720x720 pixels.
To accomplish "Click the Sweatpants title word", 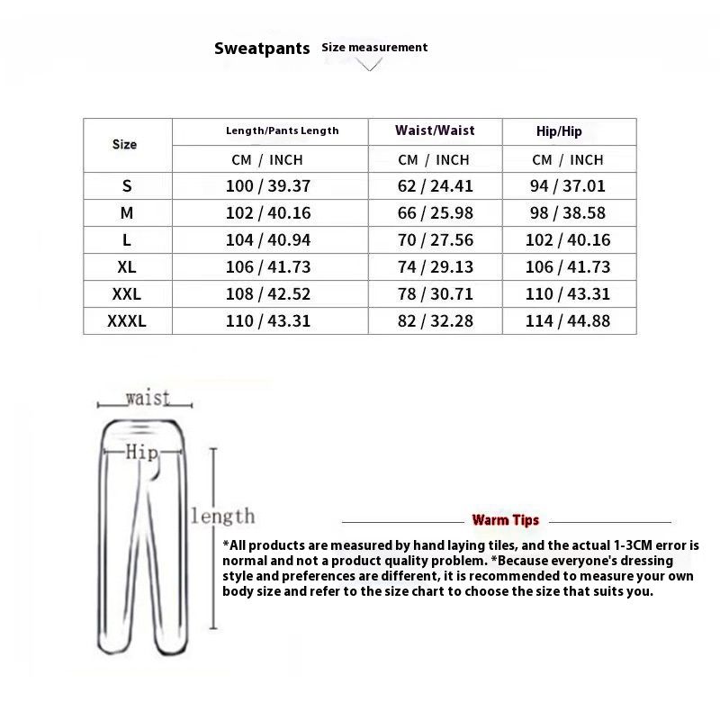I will pyautogui.click(x=262, y=49).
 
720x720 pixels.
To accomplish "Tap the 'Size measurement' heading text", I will pyautogui.click(x=374, y=47).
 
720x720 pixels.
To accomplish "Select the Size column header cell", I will pyautogui.click(x=125, y=144).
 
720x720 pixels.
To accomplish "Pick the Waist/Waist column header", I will pyautogui.click(x=435, y=130).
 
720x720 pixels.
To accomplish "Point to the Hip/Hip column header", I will pyautogui.click(x=559, y=131).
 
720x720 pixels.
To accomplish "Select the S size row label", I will pyautogui.click(x=126, y=186).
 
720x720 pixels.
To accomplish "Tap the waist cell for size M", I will pyautogui.click(x=435, y=213).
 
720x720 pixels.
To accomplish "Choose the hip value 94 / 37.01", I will pyautogui.click(x=568, y=186).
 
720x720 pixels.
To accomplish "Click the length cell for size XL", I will pyautogui.click(x=268, y=266).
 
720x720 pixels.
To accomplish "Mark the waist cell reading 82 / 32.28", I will pyautogui.click(x=435, y=320).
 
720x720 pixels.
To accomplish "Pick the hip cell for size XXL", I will pyautogui.click(x=568, y=293).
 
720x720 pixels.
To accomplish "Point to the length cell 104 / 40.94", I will pyautogui.click(x=268, y=240).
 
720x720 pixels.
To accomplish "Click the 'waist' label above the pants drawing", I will pyautogui.click(x=147, y=398).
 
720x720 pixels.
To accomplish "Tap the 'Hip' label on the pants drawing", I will pyautogui.click(x=142, y=452).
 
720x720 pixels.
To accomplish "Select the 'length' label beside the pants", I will pyautogui.click(x=222, y=516).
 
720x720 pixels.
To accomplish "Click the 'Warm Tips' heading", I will pyautogui.click(x=506, y=520).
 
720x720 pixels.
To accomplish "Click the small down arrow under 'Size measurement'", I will pyautogui.click(x=370, y=65).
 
